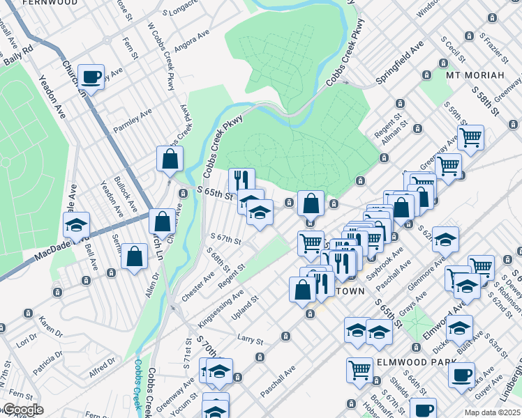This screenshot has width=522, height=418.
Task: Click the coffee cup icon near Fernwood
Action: pyautogui.click(x=91, y=76)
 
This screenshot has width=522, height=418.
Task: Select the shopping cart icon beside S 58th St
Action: pyautogui.click(x=471, y=137)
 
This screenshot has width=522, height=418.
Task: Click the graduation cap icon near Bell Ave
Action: pyautogui.click(x=76, y=224)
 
